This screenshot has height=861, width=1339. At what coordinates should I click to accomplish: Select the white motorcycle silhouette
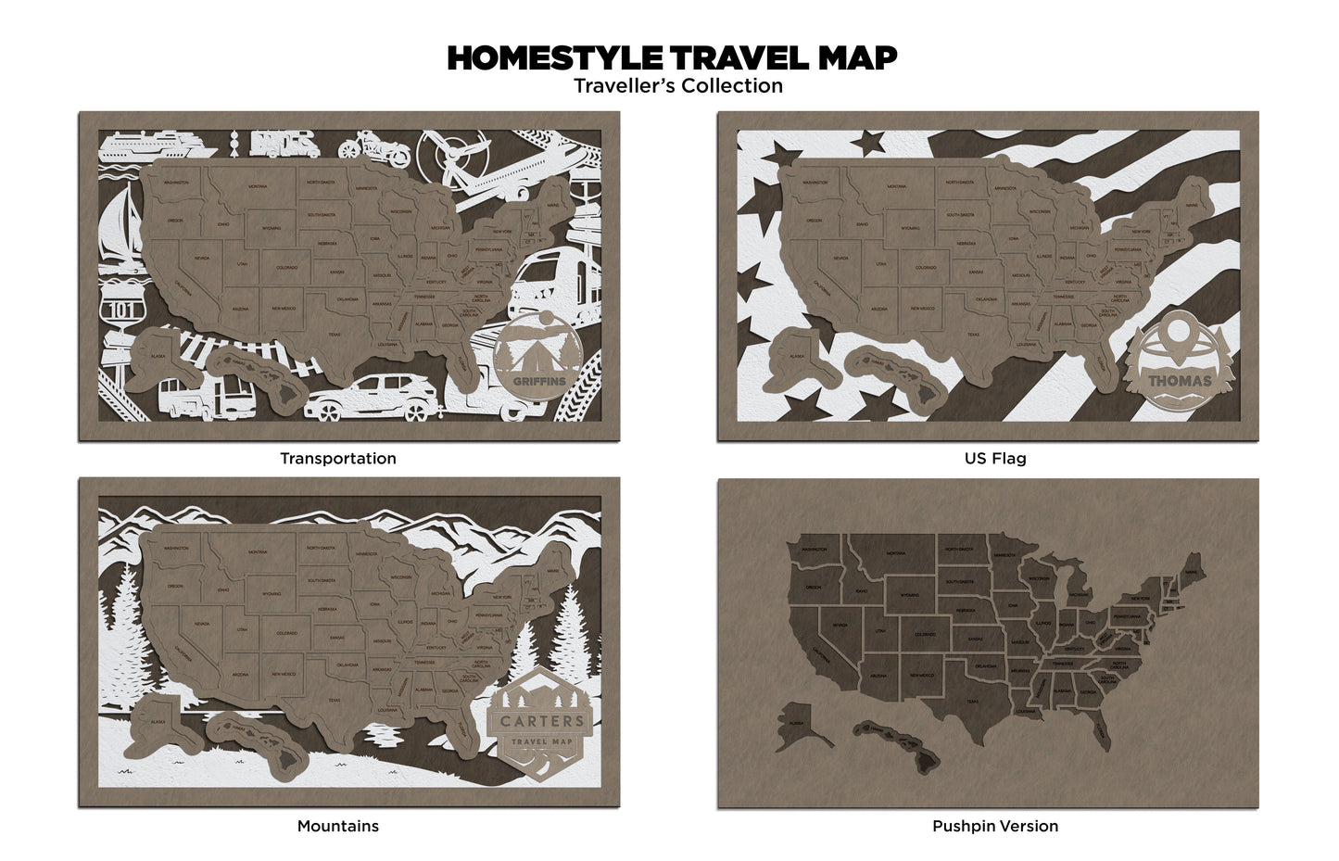[369, 148]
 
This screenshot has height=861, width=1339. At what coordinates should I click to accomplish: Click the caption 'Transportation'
[337, 459]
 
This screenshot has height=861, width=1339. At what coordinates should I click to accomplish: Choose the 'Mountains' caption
[337, 826]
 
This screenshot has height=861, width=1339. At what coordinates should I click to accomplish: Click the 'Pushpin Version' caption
[994, 826]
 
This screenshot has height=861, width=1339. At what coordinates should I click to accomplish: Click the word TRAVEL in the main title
[728, 57]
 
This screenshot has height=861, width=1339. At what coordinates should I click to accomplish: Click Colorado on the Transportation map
[286, 268]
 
